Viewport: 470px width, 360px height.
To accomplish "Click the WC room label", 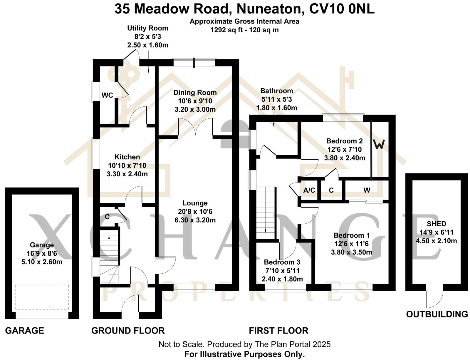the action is [x=107, y=95].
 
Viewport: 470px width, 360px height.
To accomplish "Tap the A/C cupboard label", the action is [x=309, y=190].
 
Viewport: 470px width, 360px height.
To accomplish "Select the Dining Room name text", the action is [x=195, y=93].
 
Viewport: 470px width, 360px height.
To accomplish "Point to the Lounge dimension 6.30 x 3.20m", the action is [x=195, y=220].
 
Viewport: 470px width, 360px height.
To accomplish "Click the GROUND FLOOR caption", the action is [x=128, y=331].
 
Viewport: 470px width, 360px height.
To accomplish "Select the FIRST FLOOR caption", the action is [x=278, y=331].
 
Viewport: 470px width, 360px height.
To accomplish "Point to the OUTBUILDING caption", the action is [x=437, y=314].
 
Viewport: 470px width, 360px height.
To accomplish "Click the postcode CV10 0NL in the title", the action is [x=342, y=9].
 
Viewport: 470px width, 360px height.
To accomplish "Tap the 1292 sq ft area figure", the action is [x=226, y=30].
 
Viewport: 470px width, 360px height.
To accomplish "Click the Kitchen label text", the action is [x=127, y=157].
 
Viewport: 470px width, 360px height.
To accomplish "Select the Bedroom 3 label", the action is [x=282, y=262].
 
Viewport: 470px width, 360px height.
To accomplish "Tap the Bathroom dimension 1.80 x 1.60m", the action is [x=277, y=108].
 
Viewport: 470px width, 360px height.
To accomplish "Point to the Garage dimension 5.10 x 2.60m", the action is [x=42, y=262].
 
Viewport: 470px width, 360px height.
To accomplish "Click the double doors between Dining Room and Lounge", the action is [x=195, y=127].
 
